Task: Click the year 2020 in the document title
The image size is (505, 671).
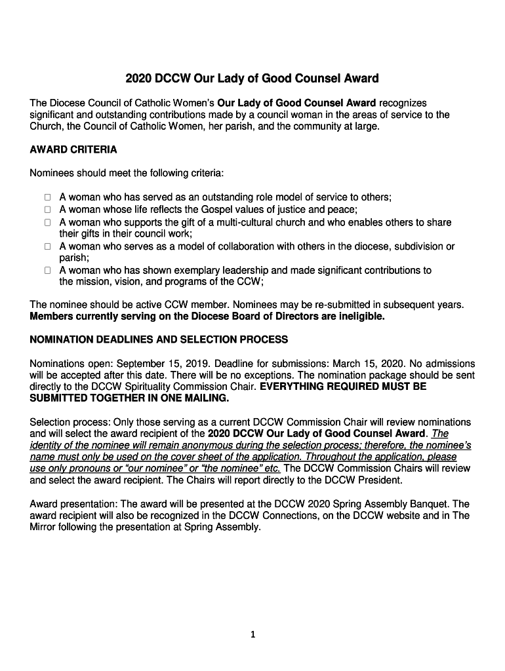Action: (x=138, y=79)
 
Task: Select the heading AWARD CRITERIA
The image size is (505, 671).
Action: (x=73, y=150)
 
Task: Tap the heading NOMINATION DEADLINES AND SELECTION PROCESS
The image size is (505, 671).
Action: (x=159, y=339)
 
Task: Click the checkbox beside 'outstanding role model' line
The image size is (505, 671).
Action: (x=48, y=197)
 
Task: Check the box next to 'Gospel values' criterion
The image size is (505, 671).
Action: (x=48, y=210)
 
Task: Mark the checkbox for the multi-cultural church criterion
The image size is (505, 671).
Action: (x=48, y=223)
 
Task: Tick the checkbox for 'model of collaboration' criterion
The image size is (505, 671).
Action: (x=48, y=247)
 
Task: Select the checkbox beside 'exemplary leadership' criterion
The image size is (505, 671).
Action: (x=48, y=270)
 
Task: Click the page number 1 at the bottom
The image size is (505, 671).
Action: (x=253, y=634)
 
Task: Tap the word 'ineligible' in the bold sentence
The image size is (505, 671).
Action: (x=359, y=316)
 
